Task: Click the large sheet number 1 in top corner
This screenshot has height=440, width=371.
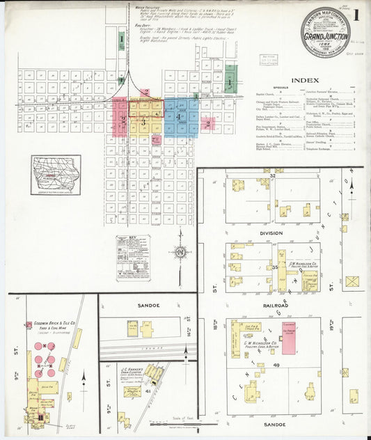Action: (356, 15)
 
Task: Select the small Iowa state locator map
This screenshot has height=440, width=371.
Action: (56, 175)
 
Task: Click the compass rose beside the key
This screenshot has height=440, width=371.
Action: (180, 251)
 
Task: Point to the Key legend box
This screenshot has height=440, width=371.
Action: (133, 257)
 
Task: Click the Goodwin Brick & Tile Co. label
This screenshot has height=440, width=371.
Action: (49, 324)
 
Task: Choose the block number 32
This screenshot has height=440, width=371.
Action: (274, 176)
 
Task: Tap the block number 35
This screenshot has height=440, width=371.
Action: (275, 266)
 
